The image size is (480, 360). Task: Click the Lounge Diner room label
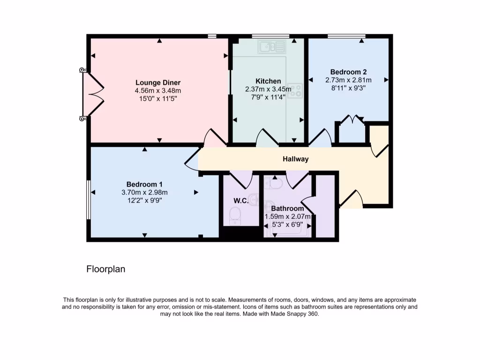pos(158,82)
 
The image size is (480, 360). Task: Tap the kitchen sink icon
pos(271,46)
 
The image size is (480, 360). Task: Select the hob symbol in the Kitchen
pos(295,90)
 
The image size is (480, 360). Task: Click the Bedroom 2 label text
pos(348,72)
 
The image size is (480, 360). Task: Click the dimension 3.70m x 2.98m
pos(144,192)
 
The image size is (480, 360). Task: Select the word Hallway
pos(295,159)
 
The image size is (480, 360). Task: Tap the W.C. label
pos(241,201)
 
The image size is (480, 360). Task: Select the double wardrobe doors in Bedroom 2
pos(352,121)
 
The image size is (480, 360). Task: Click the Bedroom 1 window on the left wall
pos(88,199)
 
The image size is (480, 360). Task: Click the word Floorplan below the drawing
pos(106,270)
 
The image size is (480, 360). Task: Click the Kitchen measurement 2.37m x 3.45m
pos(268,89)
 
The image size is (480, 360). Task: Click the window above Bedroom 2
pos(346,36)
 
